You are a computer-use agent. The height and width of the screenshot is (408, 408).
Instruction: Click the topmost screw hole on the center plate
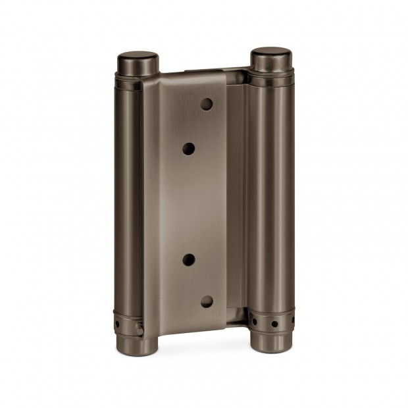click(207, 104)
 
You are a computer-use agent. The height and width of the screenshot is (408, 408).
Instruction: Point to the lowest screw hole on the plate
click(206, 302)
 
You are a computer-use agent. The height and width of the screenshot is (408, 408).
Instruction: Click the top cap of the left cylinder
click(138, 63)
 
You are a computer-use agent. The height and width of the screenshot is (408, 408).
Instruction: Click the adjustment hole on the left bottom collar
click(120, 324)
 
